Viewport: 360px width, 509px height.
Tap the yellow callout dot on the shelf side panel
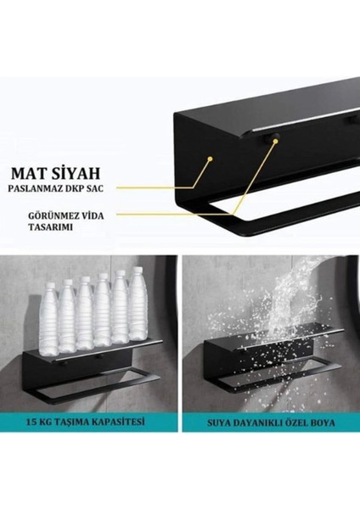[x=211, y=156]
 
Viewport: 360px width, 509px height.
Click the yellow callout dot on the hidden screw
[x=273, y=143]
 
